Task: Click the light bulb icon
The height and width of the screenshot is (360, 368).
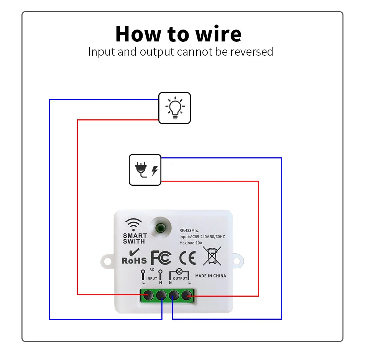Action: (175, 108)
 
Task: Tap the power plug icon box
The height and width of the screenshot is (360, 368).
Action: (145, 170)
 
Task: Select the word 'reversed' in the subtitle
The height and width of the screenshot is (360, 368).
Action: (251, 51)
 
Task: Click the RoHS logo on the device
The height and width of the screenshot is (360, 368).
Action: (134, 257)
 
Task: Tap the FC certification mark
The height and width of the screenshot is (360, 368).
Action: (161, 258)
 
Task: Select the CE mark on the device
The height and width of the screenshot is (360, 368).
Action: (187, 258)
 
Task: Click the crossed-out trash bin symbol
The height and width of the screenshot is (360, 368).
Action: (212, 256)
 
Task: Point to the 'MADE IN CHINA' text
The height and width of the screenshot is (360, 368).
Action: (210, 276)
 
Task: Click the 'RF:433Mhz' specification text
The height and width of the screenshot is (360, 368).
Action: (189, 231)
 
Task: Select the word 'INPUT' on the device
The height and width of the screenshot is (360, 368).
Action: (152, 278)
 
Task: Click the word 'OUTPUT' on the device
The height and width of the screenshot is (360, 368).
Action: (180, 278)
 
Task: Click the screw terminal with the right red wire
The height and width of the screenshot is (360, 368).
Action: (187, 296)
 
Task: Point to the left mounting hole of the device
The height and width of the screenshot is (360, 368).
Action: (107, 261)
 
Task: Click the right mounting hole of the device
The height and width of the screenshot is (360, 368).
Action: (236, 261)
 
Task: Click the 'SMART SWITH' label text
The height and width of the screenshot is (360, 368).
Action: (135, 238)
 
